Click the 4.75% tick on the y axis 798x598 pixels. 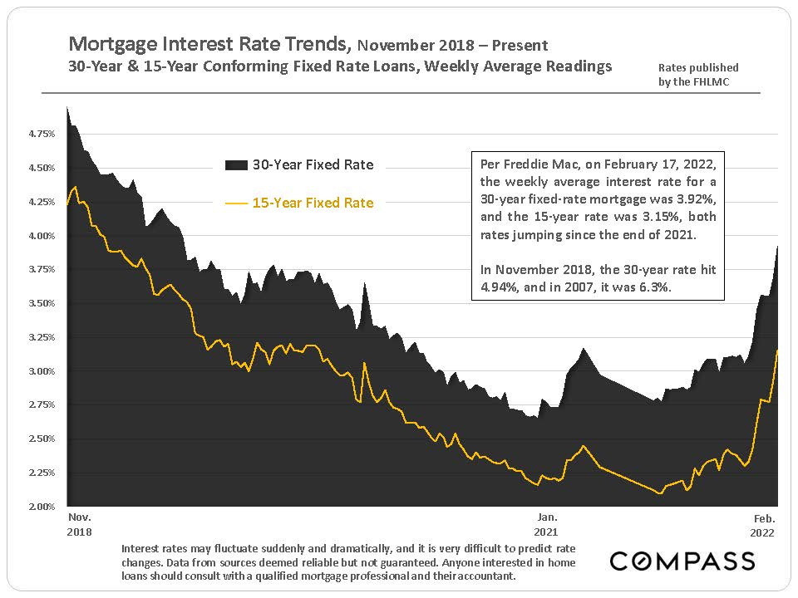click(42, 133)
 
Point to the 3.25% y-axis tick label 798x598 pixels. click(42, 337)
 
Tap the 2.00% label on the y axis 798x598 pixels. click(42, 506)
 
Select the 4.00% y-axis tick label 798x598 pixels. click(42, 236)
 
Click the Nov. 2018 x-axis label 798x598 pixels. click(81, 524)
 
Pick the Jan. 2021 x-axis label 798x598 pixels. click(546, 524)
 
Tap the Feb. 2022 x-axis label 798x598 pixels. click(761, 524)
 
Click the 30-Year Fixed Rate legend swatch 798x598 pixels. click(237, 165)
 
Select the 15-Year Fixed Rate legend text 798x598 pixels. click(313, 203)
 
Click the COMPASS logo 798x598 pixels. click(682, 561)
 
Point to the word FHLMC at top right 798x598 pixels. click(682, 82)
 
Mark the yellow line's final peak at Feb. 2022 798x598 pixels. click(777, 350)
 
